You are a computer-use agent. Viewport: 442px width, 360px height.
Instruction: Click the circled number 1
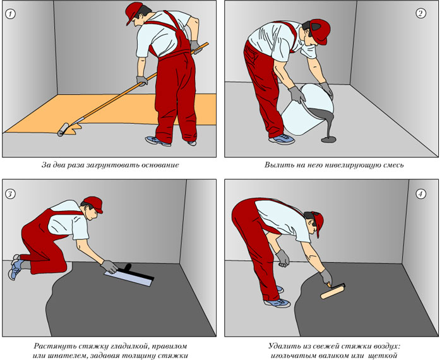11,14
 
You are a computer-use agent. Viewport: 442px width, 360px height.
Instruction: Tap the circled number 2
421,13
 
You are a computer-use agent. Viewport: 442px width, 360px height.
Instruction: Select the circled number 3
10,194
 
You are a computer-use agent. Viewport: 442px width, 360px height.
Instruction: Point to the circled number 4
421,194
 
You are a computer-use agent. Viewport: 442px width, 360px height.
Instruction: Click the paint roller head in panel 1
63,129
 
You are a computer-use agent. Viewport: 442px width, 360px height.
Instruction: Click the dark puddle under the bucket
329,140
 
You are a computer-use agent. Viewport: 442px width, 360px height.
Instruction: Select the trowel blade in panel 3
129,277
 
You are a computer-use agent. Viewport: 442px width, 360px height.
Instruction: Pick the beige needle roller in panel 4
333,291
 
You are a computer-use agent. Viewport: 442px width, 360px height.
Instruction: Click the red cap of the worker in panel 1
134,12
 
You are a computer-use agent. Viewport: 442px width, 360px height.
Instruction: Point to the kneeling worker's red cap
93,204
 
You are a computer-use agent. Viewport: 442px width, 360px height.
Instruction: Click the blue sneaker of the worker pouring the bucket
282,139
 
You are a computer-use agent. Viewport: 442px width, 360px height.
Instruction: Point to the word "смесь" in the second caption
393,165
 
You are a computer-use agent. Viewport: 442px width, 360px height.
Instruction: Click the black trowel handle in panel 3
127,267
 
